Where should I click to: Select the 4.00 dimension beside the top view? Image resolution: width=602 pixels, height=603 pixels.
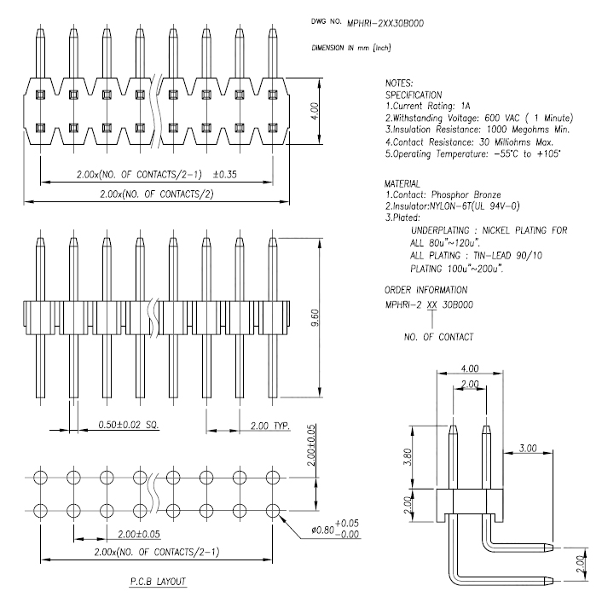pos(315,110)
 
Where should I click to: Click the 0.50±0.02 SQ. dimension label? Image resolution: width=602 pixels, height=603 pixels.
pos(129,424)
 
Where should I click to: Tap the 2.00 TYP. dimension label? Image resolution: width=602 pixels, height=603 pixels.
pos(269,424)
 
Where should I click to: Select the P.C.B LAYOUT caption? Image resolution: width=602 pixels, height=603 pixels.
pos(153,583)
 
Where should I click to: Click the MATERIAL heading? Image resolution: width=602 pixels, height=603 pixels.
pos(403,183)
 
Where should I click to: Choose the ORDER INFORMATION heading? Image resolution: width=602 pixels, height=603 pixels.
pos(425,290)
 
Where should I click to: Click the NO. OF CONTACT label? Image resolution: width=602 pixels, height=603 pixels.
pos(439,337)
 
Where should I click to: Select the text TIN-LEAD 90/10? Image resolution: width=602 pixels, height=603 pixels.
pos(515,255)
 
